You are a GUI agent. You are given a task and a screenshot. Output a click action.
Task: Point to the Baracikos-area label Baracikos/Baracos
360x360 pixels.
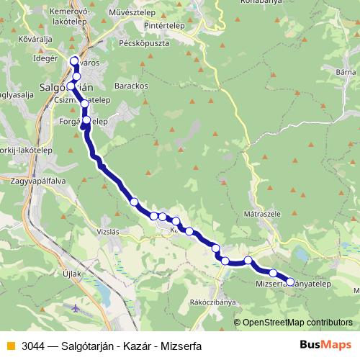click(131, 85)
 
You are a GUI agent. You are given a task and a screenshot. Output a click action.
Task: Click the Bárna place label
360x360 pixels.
click(346, 72)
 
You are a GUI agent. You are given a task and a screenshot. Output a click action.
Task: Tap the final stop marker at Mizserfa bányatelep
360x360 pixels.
click(291, 282)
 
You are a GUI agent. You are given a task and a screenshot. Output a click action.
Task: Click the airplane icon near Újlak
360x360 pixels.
click(77, 307)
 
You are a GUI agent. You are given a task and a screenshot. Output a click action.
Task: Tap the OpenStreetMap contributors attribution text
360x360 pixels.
click(297, 323)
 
